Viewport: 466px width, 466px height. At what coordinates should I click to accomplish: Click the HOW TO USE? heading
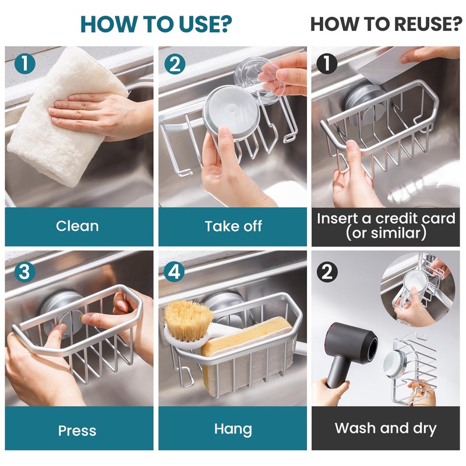pyautogui.click(x=156, y=24)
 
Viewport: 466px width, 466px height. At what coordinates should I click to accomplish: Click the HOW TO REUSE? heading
pyautogui.click(x=386, y=24)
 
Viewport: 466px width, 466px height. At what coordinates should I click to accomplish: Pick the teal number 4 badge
pyautogui.click(x=174, y=271)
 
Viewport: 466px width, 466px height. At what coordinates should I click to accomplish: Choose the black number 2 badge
pyautogui.click(x=327, y=271)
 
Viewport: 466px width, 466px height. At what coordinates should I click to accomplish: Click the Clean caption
pyautogui.click(x=77, y=226)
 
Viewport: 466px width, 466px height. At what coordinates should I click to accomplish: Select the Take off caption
pyautogui.click(x=233, y=226)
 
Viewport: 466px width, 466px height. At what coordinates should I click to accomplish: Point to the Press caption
pyautogui.click(x=77, y=430)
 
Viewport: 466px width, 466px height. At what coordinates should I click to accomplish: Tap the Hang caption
pyautogui.click(x=233, y=429)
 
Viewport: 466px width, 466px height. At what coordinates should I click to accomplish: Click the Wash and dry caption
pyautogui.click(x=385, y=429)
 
